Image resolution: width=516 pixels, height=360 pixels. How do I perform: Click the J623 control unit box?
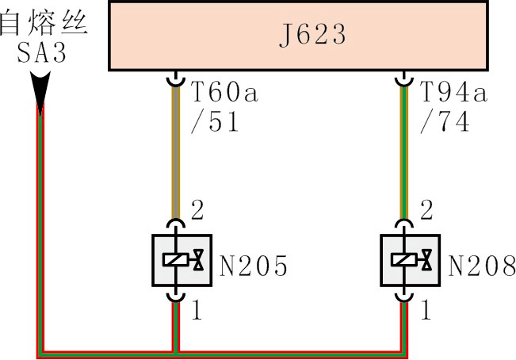[x=300, y=36]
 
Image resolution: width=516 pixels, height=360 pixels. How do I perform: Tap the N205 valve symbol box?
[x=182, y=259]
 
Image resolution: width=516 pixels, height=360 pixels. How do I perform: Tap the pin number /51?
[x=218, y=124]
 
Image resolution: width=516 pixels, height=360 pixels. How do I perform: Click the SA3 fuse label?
[x=42, y=56]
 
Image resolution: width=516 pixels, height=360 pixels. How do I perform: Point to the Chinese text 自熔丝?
[x=44, y=22]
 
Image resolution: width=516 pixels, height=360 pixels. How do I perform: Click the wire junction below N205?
[x=174, y=350]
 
